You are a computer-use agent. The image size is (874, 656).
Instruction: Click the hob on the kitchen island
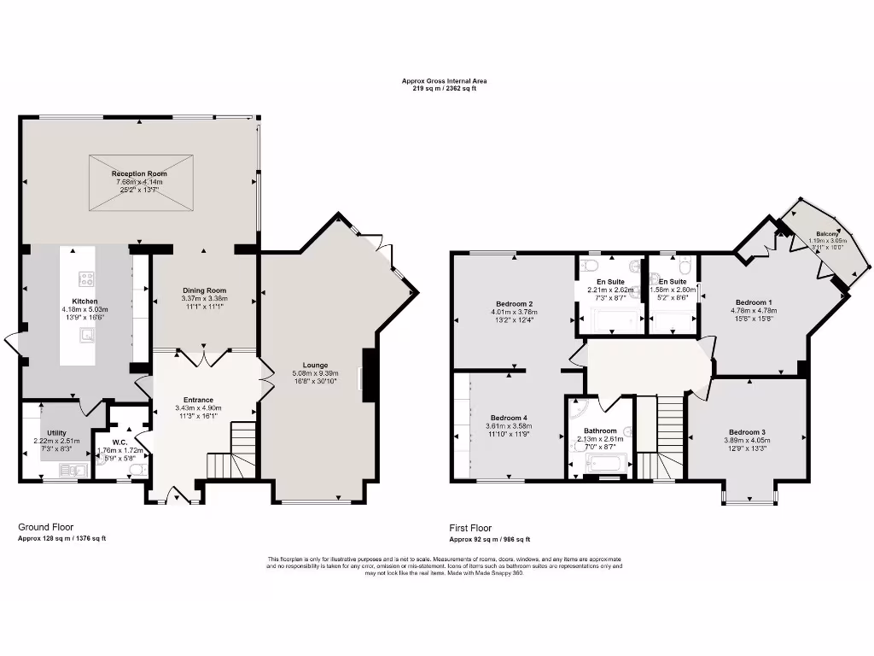click(86, 278)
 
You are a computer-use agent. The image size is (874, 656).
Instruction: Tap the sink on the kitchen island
click(87, 335)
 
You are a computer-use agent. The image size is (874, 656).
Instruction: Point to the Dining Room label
click(204, 290)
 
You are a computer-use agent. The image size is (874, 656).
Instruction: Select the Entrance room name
click(200, 400)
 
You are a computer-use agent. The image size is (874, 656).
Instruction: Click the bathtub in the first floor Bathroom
click(607, 464)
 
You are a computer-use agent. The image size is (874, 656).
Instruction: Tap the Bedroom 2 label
click(514, 304)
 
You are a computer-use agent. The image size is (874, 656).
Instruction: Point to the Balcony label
click(825, 233)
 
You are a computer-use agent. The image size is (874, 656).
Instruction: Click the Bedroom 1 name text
click(754, 302)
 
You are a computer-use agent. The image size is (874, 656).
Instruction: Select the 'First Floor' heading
click(471, 528)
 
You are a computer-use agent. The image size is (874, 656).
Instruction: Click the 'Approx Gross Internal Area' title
click(445, 81)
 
